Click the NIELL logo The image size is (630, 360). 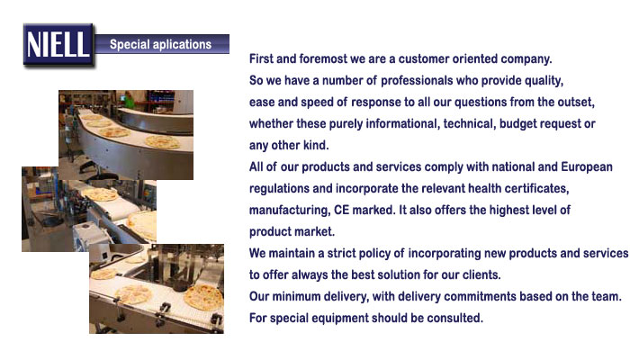58,45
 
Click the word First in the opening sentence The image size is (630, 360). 261,58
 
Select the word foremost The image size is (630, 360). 323,58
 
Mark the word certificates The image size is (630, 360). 536,188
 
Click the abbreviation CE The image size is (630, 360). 341,210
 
